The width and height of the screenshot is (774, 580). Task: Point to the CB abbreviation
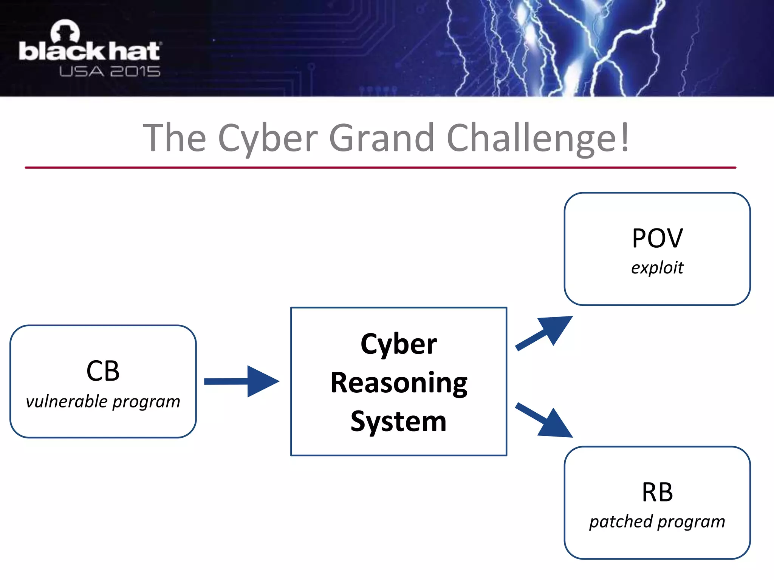point(103,371)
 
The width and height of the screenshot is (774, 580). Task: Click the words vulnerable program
point(103,401)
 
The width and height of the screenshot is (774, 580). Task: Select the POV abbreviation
point(657,239)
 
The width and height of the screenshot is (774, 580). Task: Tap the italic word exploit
point(657,268)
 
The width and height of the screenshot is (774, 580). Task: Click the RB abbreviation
point(657,492)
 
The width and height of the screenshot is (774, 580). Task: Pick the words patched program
point(657,522)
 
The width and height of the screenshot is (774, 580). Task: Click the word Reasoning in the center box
point(399,383)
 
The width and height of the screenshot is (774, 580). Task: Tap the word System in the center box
point(399,421)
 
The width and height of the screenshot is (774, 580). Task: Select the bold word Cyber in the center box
point(399,344)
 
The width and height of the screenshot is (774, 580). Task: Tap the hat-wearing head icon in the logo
point(65,31)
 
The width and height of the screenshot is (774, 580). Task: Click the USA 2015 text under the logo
point(110,71)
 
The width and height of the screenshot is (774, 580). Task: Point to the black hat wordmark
point(90,52)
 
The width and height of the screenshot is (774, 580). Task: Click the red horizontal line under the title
point(380,167)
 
